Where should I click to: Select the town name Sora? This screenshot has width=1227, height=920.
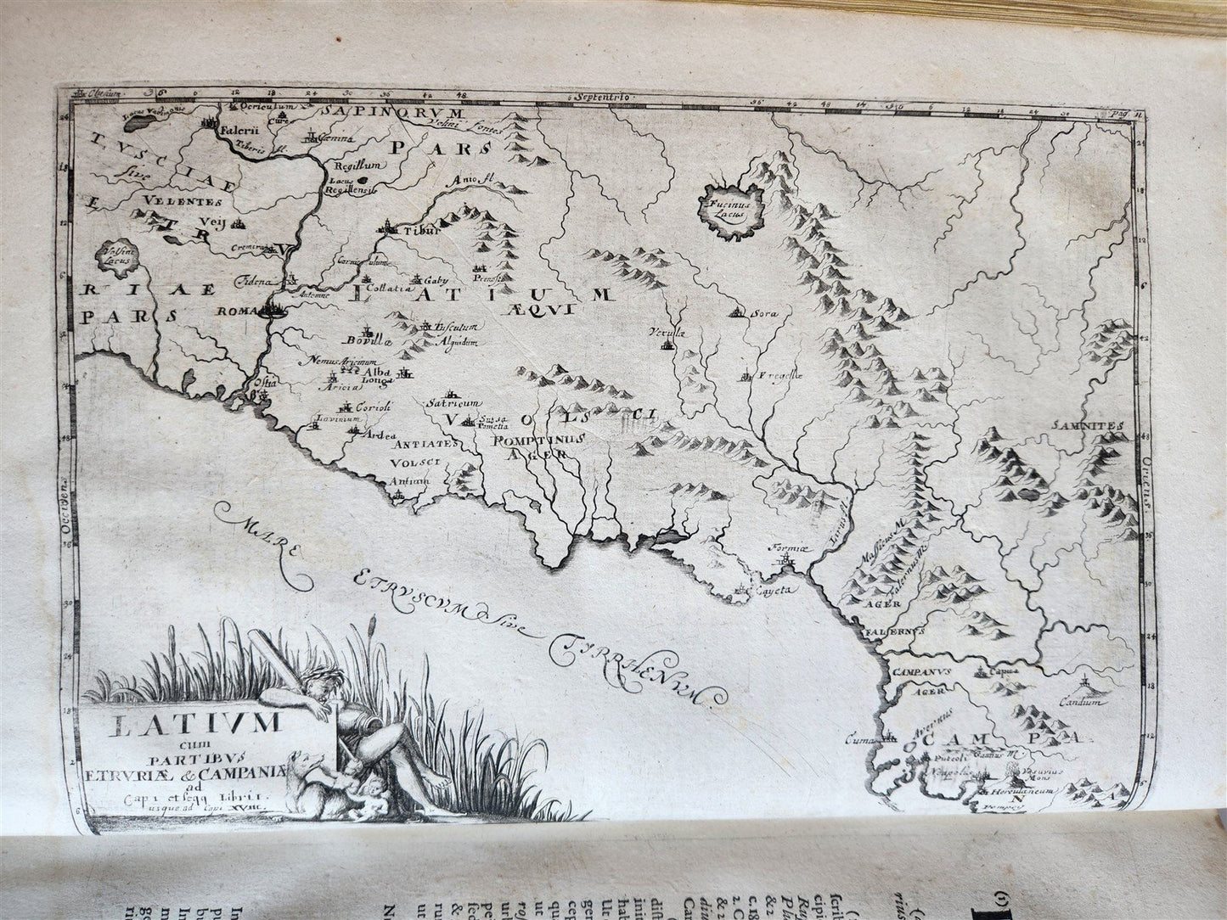click(764, 313)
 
